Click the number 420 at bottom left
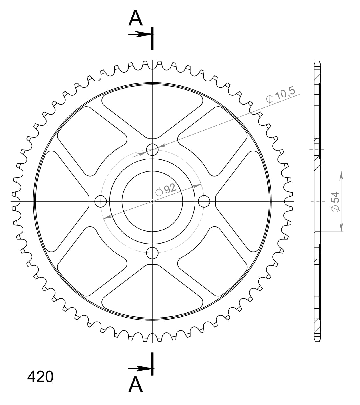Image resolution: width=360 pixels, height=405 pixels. coord(40,377)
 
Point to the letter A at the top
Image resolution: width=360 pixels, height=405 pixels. coord(135,19)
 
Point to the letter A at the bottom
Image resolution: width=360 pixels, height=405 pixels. coord(135,384)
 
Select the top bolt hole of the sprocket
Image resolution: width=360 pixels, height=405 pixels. coord(152,149)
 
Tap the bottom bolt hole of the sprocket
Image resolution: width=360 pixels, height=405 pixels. coord(152,252)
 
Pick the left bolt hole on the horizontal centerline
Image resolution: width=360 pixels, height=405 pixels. coord(100,201)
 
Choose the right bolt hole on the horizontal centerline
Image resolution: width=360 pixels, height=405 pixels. coord(204,201)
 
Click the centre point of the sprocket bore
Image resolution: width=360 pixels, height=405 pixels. coord(152,201)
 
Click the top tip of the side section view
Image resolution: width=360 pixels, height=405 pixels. coord(317,62)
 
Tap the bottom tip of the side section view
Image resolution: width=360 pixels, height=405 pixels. coord(317,341)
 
